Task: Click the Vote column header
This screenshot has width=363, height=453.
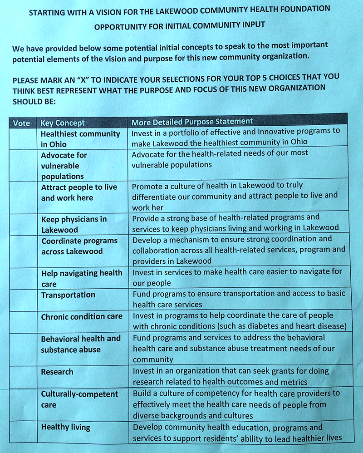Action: pyautogui.click(x=22, y=123)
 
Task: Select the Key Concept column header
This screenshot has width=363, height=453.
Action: pyautogui.click(x=63, y=123)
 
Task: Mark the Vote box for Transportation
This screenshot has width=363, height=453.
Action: pyautogui.click(x=23, y=299)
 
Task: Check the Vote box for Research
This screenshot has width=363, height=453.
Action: pyautogui.click(x=23, y=377)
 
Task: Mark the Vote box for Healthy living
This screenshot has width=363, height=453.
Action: pyautogui.click(x=23, y=432)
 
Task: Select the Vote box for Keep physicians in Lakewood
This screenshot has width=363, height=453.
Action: pyautogui.click(x=23, y=224)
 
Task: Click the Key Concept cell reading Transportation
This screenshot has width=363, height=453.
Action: pyautogui.click(x=68, y=295)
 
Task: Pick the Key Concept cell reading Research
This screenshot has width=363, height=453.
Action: pyautogui.click(x=57, y=372)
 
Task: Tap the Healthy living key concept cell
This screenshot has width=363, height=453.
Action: pyautogui.click(x=66, y=427)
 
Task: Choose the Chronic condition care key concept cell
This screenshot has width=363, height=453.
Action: pyautogui.click(x=82, y=316)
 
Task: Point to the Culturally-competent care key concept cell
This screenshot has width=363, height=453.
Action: pyautogui.click(x=79, y=399)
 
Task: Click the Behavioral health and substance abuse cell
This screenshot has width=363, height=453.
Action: pyautogui.click(x=81, y=344)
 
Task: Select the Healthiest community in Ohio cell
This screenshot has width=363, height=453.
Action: pyautogui.click(x=80, y=139)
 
